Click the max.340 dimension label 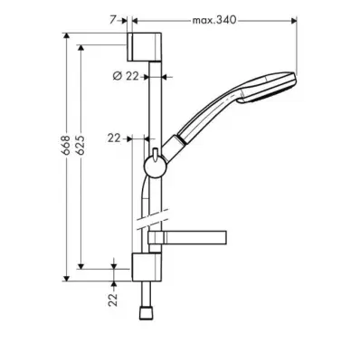(x=214, y=20)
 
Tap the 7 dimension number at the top (x=112, y=20)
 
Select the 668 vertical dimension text (x=66, y=146)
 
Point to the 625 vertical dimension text (x=81, y=146)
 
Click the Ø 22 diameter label (x=126, y=76)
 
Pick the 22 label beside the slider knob (x=114, y=138)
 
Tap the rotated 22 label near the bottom (x=113, y=300)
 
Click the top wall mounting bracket (x=144, y=46)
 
